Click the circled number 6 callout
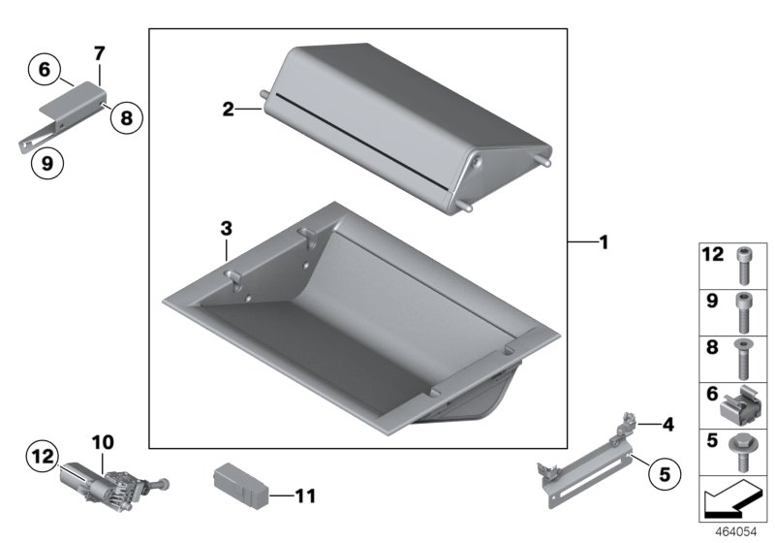[45, 69]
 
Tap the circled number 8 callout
[127, 117]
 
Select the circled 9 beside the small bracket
[47, 163]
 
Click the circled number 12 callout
[43, 456]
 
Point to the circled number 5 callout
[665, 474]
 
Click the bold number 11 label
[305, 495]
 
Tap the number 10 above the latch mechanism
[103, 442]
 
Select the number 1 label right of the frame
[604, 242]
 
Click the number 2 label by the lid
[228, 109]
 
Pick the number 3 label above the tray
[226, 229]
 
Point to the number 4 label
[667, 425]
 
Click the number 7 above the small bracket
[100, 53]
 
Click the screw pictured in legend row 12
[743, 266]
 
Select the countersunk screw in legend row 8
[742, 359]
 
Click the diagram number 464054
[736, 532]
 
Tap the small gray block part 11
[240, 486]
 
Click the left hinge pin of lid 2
[264, 94]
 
